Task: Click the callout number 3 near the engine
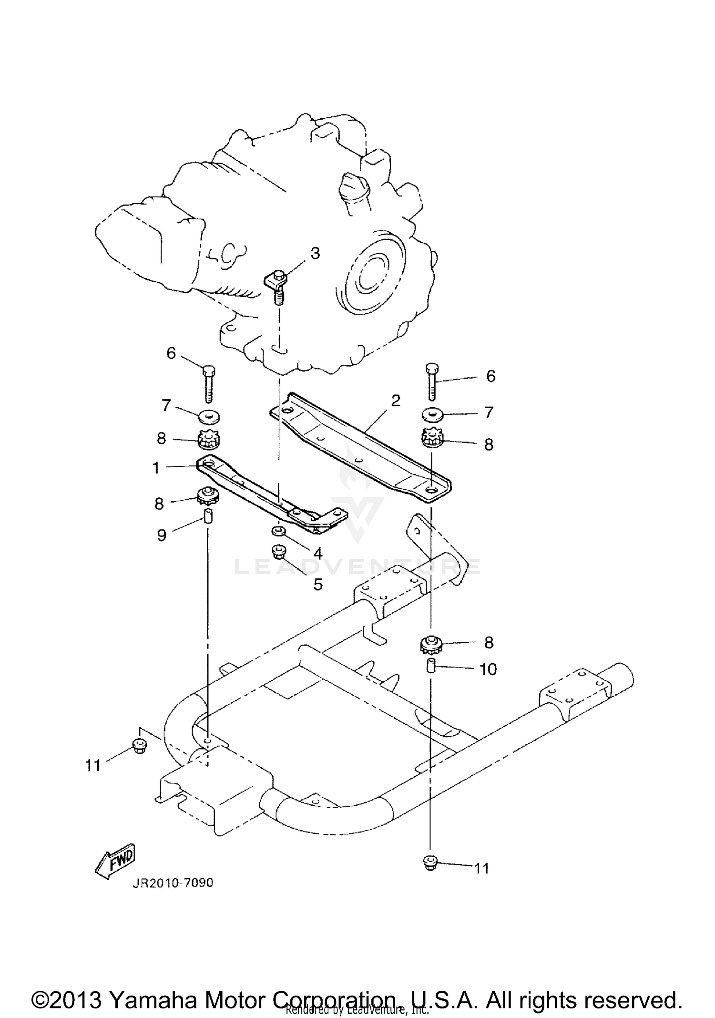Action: click(315, 254)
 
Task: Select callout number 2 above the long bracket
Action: click(395, 401)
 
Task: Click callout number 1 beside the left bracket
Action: click(156, 468)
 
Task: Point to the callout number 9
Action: click(162, 535)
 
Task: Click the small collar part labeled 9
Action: click(208, 516)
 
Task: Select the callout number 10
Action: click(488, 669)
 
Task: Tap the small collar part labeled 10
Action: click(430, 666)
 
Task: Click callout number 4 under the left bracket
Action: click(318, 553)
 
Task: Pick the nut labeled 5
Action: click(277, 553)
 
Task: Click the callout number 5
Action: click(318, 584)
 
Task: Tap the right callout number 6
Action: click(490, 376)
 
